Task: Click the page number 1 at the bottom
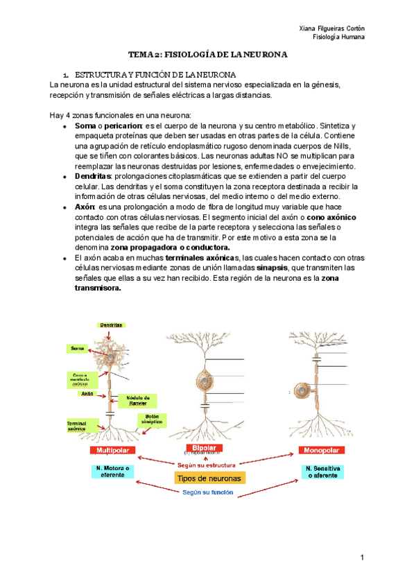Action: click(x=362, y=557)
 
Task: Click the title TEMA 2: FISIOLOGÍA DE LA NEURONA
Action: click(x=208, y=53)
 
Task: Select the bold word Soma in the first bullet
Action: click(x=85, y=126)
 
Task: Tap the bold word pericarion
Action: click(x=123, y=126)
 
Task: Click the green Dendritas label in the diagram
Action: click(x=111, y=325)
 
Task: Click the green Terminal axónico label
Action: click(x=76, y=425)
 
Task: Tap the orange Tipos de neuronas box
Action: click(x=209, y=478)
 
